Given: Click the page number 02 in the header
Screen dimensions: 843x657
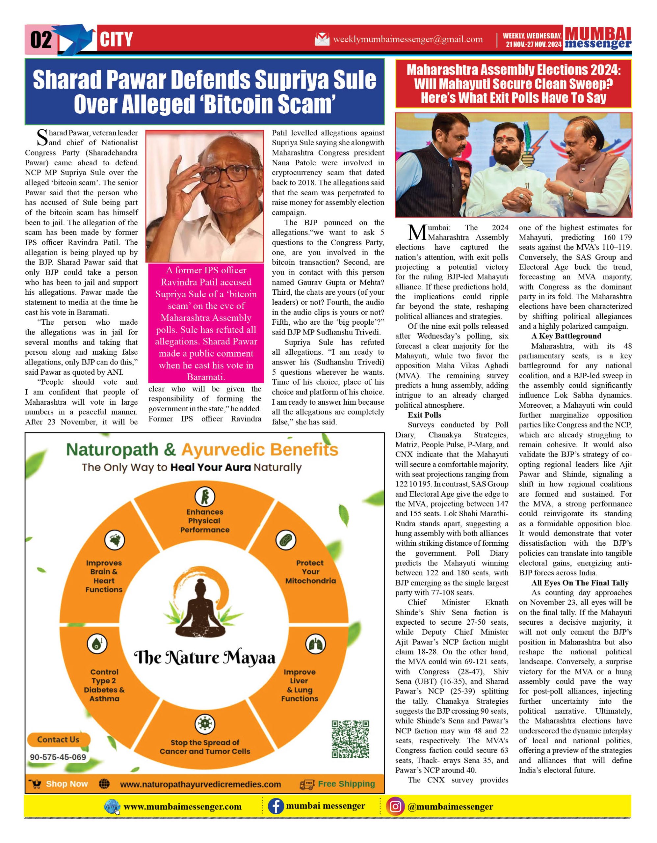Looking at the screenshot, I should tap(41, 40).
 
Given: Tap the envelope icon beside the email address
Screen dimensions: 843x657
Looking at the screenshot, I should tap(322, 39).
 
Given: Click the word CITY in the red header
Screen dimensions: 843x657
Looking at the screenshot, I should tap(116, 40).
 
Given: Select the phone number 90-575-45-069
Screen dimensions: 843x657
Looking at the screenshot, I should tap(58, 757).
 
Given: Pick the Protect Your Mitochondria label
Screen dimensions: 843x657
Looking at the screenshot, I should tap(310, 572).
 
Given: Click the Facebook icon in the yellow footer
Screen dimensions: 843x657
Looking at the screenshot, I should tap(276, 806).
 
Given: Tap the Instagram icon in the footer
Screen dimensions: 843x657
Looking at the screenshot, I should tap(395, 806).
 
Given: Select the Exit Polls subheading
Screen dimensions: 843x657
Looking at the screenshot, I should tap(424, 415).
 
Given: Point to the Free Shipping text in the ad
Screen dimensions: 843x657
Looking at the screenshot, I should tap(346, 784).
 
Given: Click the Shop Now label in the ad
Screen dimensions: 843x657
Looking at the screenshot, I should tap(67, 784).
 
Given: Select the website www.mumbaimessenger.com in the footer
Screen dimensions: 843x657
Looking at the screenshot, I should tap(182, 807).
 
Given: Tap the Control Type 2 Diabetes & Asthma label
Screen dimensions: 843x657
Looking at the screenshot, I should tap(104, 685).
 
